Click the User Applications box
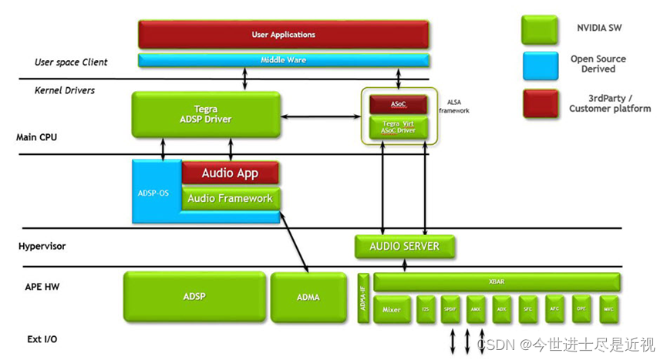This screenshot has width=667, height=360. click(283, 35)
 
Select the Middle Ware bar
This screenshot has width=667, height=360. click(283, 59)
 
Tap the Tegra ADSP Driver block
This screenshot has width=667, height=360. click(204, 114)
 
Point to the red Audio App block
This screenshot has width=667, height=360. click(230, 173)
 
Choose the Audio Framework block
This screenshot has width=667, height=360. click(230, 198)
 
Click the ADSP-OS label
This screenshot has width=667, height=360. click(153, 192)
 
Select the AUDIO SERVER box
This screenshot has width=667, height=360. click(404, 247)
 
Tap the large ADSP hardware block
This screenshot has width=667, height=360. click(194, 297)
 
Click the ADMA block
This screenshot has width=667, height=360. click(308, 297)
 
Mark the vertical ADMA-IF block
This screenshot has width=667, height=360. click(363, 298)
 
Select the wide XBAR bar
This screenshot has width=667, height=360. click(497, 281)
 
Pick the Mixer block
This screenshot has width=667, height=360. click(392, 309)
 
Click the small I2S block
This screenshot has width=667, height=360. click(426, 309)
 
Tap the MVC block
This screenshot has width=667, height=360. click(608, 309)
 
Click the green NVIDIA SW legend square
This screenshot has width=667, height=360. click(540, 30)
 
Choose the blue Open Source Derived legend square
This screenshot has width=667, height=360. click(540, 64)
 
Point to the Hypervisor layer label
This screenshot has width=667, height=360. click(42, 247)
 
